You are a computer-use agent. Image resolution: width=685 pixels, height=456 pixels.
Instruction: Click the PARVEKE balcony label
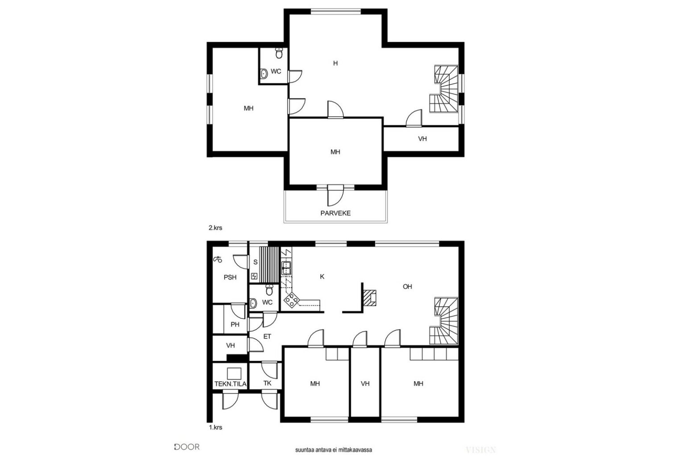pos(335,213)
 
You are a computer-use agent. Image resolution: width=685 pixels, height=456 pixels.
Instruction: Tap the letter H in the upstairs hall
pos(335,63)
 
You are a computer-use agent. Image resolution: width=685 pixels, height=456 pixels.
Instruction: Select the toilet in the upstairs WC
pos(279,53)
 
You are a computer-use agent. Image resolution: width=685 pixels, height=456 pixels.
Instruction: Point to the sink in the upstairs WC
pos(264,73)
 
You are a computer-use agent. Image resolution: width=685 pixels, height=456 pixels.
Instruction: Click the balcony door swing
pos(335,197)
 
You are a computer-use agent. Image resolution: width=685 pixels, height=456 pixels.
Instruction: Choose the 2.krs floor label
pos(215,228)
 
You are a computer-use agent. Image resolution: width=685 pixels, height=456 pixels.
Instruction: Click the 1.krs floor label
pos(215,427)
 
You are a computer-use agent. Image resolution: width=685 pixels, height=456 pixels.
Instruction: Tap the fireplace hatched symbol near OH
pos(370,298)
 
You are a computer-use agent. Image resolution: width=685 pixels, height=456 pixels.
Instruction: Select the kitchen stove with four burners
pos(291,300)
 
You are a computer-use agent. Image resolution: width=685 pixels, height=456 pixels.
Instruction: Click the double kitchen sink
pos(286,268)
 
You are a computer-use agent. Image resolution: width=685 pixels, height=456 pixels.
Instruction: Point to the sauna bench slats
pos(269,265)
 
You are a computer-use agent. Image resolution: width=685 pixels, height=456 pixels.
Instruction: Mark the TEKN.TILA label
pos(230,384)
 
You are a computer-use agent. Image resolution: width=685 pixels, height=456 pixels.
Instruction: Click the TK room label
pos(267,383)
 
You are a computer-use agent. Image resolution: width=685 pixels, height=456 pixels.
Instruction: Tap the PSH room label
pos(230,277)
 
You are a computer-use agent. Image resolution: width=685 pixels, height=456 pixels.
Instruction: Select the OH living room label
pos(407,286)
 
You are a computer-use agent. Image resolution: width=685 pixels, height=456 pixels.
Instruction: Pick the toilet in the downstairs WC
pos(269,290)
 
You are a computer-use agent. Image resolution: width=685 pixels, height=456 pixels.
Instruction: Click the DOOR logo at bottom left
pos(186,447)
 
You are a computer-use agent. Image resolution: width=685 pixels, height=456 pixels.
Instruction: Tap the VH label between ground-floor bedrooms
pos(365,383)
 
